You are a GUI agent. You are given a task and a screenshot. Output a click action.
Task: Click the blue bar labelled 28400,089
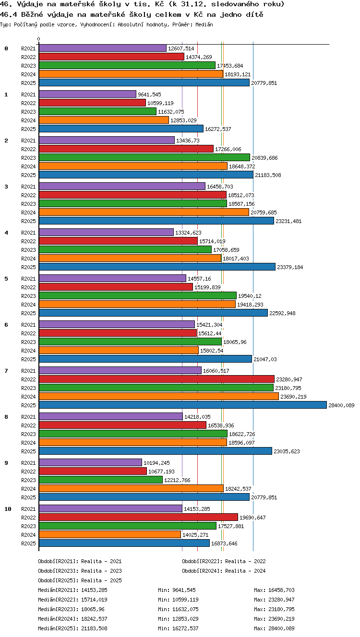[x=183, y=405]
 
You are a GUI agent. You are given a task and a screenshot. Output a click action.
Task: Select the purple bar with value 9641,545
[x=87, y=94]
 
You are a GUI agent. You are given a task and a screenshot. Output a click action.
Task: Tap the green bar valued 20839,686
[x=144, y=157]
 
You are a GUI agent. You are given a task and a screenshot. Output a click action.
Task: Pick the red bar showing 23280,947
[x=156, y=379]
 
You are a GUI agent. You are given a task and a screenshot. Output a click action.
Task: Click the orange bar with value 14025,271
[x=110, y=535]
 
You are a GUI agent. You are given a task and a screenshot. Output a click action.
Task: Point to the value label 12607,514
[x=181, y=48]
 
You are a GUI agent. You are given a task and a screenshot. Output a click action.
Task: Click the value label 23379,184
[x=290, y=267]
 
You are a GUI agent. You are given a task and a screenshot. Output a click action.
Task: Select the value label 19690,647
[x=252, y=518]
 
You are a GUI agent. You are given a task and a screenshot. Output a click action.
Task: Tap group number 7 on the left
[x=6, y=371]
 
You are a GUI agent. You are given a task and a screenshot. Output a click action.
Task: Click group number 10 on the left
[x=8, y=509]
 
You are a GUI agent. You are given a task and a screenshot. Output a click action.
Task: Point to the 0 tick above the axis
[x=39, y=39]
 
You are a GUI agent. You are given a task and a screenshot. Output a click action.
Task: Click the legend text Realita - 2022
[x=245, y=561]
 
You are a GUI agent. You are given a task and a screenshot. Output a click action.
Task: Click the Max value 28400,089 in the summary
[x=281, y=628]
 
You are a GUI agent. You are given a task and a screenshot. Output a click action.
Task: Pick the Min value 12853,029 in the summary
[x=186, y=619]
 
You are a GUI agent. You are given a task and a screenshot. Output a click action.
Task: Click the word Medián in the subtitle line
[x=204, y=24]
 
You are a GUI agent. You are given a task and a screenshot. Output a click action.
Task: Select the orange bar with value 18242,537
[x=131, y=489]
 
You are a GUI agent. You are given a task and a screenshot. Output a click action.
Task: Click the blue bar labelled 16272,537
[x=121, y=129]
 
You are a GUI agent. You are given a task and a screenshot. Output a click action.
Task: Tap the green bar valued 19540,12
[x=138, y=295]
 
